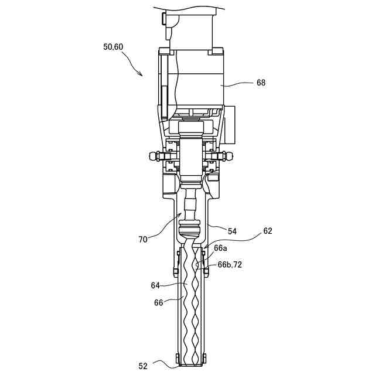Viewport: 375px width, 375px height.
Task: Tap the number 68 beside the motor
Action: tap(261, 83)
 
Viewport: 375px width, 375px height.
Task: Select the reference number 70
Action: tap(144, 238)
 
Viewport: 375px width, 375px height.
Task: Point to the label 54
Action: tap(232, 232)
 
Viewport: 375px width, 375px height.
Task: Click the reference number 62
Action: tap(267, 230)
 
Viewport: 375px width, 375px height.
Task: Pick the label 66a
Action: tap(220, 248)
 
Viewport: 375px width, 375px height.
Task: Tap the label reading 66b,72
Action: tap(230, 265)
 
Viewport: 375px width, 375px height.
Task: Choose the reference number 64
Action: tap(155, 285)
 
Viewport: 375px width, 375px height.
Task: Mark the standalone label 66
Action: tap(158, 302)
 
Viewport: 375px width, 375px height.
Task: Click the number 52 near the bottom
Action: tap(143, 366)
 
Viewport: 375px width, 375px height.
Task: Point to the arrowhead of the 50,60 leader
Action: tap(141, 74)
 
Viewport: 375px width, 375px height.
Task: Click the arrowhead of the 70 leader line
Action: tap(182, 214)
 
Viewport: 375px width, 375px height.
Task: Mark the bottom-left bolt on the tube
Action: tap(177, 357)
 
